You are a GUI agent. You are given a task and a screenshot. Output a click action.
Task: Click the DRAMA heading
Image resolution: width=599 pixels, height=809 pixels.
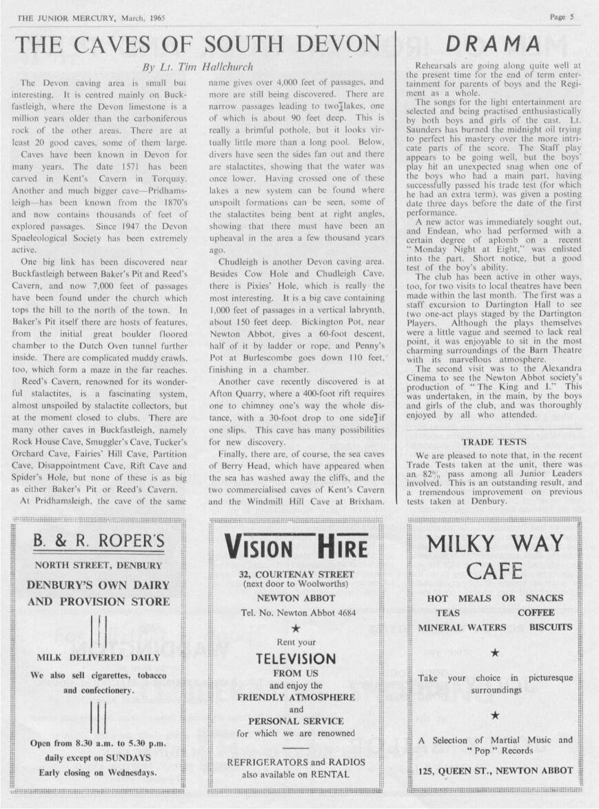click(492, 44)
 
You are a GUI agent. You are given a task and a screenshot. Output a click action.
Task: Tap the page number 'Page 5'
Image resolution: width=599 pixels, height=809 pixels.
click(562, 17)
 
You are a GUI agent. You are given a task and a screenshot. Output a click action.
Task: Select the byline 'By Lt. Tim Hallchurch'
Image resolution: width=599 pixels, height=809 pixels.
click(197, 67)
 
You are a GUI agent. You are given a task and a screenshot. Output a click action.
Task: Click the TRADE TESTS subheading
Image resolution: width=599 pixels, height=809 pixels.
click(494, 442)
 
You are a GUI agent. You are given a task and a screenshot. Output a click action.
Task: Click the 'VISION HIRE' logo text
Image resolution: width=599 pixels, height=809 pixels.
click(296, 547)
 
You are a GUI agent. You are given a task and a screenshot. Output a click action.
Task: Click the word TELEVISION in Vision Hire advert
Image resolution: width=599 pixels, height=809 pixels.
click(296, 658)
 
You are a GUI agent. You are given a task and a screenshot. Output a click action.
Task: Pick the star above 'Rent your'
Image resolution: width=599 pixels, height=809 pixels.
click(296, 628)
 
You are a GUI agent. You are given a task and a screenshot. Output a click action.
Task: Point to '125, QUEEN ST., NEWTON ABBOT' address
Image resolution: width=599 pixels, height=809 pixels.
click(496, 770)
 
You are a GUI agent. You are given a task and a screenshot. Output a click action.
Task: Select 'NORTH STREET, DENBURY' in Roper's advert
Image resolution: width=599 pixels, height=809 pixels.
click(99, 566)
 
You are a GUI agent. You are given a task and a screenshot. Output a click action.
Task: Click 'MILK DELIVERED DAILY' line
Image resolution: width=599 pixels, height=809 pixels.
click(99, 657)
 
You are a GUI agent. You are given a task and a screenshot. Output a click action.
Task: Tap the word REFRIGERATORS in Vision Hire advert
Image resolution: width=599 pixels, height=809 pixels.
click(267, 762)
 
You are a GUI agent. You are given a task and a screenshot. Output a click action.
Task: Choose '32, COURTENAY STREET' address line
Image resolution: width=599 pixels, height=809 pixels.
click(296, 574)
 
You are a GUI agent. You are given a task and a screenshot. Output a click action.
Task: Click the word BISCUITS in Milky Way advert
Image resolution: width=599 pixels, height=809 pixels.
click(551, 627)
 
